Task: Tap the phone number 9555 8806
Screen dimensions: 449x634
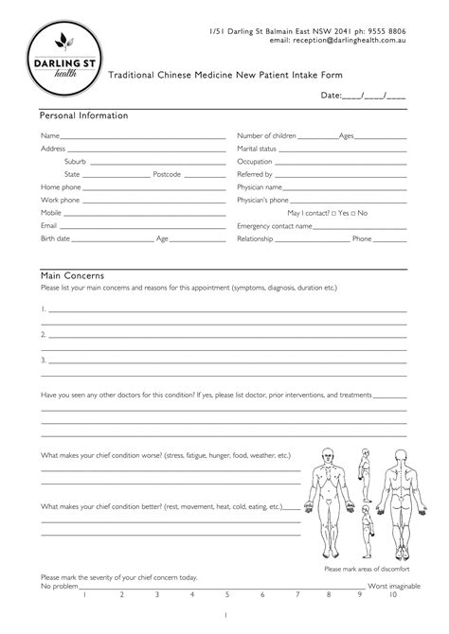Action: coord(389,31)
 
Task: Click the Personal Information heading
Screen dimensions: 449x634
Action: coord(83,115)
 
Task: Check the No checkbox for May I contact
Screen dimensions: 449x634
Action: coord(354,214)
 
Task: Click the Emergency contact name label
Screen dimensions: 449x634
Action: coord(275,227)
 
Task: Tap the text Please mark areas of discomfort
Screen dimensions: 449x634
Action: coord(366,569)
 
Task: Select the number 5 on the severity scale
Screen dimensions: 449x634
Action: coord(227,595)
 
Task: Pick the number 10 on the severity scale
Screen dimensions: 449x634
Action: coord(392,595)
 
